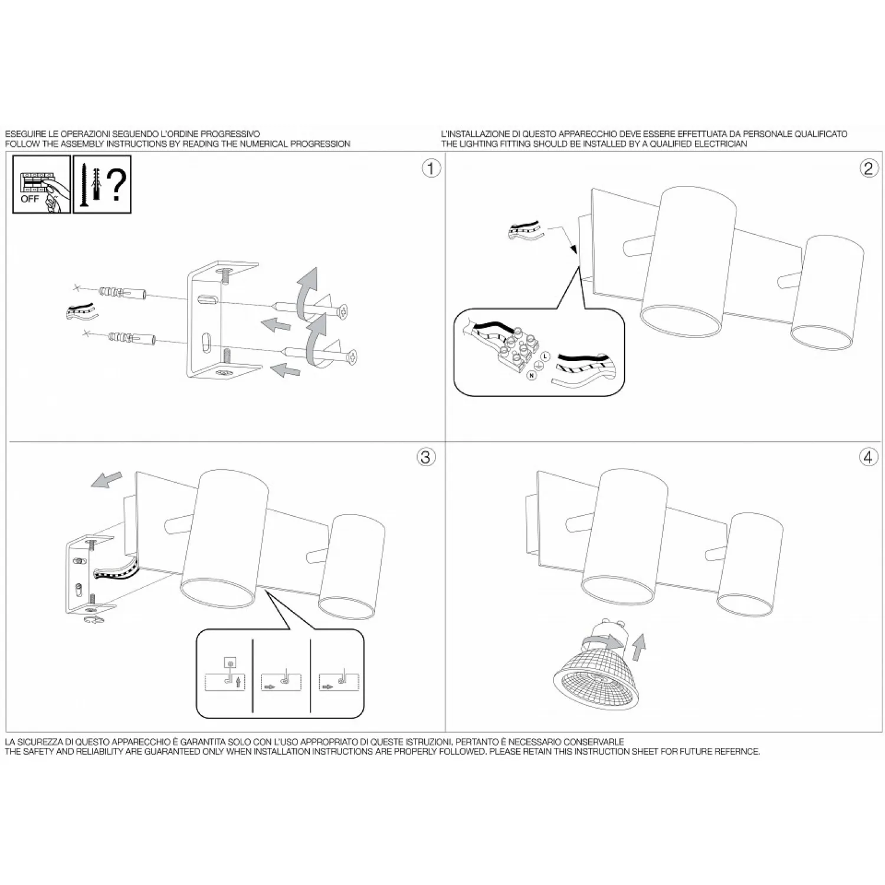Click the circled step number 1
click(x=431, y=169)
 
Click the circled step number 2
click(x=867, y=169)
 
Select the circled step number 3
click(x=426, y=457)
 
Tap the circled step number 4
click(x=867, y=457)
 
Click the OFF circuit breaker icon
click(x=41, y=184)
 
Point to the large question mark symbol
click(x=118, y=184)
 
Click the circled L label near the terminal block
click(x=545, y=356)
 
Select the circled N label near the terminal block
click(x=532, y=375)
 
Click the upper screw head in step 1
click(x=342, y=310)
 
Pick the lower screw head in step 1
click(x=352, y=357)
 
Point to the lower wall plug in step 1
click(x=132, y=339)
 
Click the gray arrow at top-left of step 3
click(x=107, y=480)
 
